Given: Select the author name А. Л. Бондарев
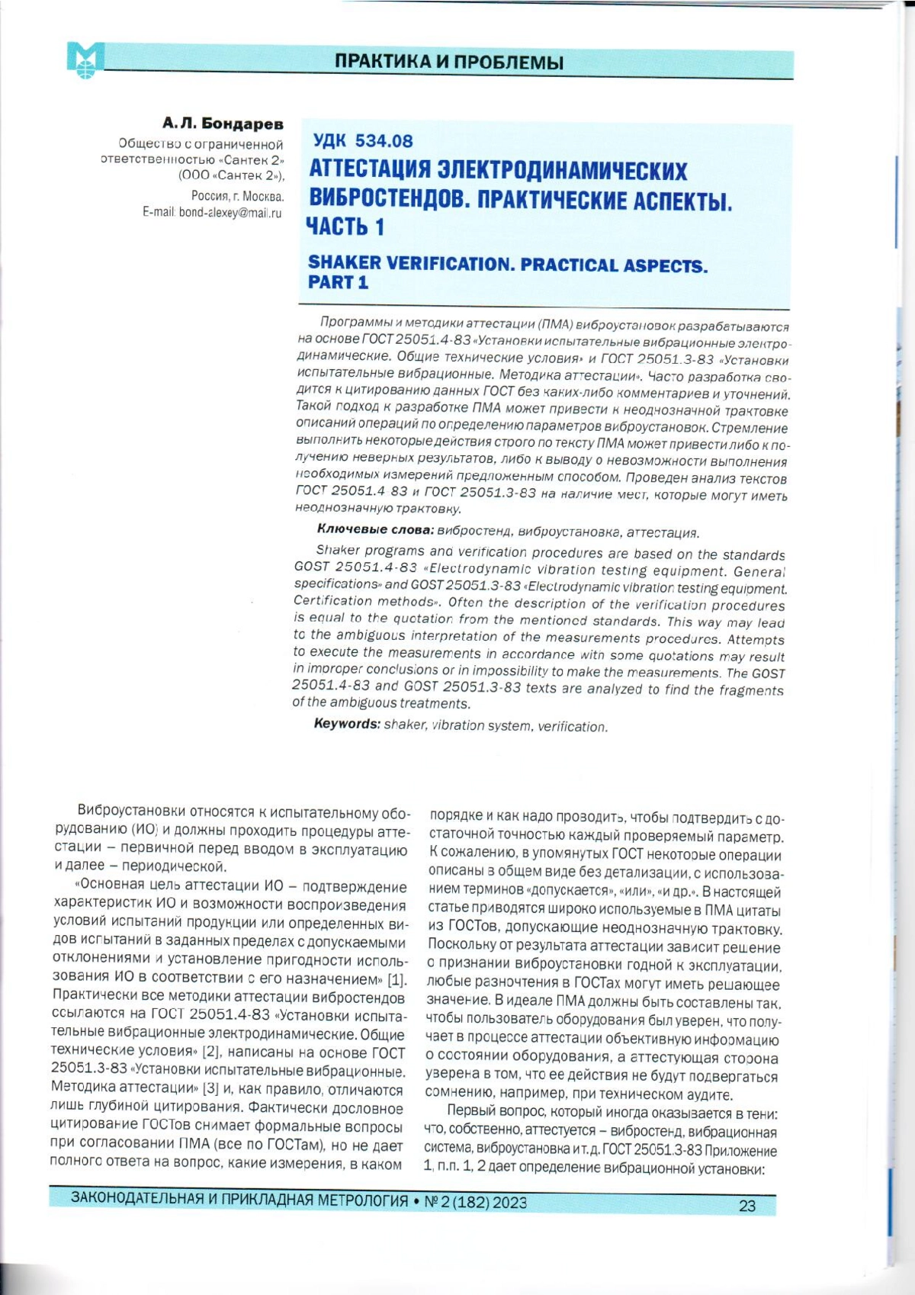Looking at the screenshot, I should click(223, 124).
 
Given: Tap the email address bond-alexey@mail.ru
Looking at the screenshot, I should click(230, 213).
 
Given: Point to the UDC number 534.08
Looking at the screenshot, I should click(384, 141).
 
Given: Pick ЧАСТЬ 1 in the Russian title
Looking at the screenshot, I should click(345, 227).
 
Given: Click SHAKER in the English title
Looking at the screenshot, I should click(345, 263).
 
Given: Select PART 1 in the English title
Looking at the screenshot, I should click(338, 283).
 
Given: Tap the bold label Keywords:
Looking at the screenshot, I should click(347, 724).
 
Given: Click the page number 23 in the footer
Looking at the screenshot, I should click(746, 1206).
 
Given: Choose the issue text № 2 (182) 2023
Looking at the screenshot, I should click(474, 1203).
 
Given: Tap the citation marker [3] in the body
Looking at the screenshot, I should click(210, 1090).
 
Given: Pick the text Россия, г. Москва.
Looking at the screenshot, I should click(237, 196).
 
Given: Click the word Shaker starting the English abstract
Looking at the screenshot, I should click(338, 550).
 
